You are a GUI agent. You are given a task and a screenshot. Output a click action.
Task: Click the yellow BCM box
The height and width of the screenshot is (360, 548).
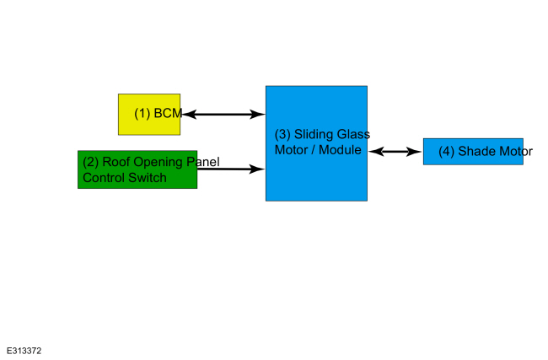149,115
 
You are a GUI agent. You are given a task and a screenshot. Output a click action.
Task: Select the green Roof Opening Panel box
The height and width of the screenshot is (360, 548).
137,169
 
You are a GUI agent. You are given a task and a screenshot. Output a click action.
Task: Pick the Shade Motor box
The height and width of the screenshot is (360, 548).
473,152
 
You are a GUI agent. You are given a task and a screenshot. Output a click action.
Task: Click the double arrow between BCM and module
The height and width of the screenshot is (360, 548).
223,114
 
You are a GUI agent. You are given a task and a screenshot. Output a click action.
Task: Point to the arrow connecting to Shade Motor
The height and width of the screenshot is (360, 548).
395,152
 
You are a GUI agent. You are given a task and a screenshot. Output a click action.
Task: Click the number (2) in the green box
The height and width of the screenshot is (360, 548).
90,164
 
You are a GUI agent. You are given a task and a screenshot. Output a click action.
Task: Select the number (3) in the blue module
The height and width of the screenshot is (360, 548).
282,135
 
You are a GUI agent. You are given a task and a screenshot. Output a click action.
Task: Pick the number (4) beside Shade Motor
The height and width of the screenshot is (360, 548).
447,153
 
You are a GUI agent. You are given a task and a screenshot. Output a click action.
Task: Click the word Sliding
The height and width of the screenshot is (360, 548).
314,135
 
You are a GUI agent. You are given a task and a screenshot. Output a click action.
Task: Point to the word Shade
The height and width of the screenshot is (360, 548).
478,153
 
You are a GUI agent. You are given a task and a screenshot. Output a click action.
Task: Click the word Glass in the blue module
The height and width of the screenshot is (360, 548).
354,135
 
